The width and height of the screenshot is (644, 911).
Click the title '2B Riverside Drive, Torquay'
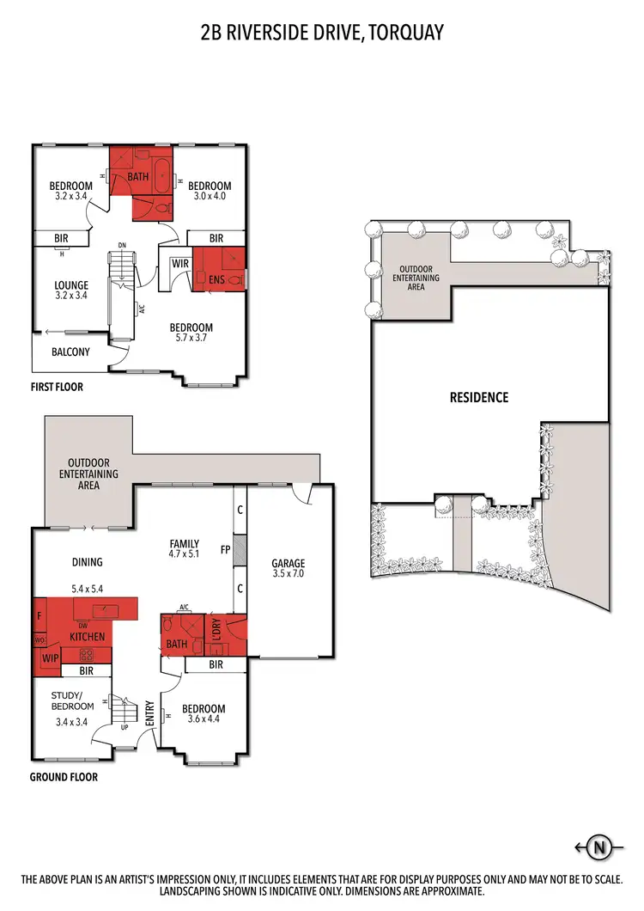tap(321, 33)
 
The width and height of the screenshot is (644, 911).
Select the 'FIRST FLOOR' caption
tap(58, 387)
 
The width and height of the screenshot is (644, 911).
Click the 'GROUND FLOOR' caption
tap(64, 777)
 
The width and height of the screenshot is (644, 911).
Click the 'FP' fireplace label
tap(225, 549)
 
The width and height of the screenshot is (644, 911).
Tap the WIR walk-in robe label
tap(179, 264)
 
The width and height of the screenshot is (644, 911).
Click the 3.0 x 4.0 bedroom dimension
tap(210, 197)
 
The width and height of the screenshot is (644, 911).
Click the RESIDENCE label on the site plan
tap(479, 397)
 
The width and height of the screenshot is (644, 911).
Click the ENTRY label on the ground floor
tap(149, 712)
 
